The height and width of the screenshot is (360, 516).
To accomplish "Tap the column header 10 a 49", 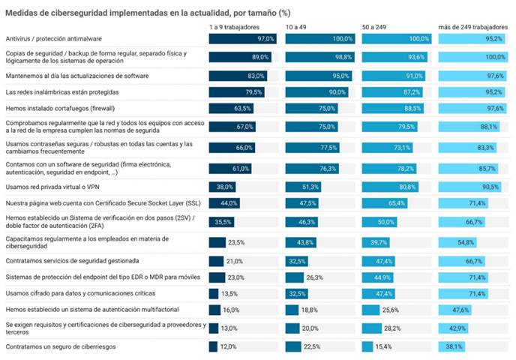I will click(x=296, y=27).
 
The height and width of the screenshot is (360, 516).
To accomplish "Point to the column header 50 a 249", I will click(x=375, y=27).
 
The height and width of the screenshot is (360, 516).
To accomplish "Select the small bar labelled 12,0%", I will click(x=213, y=346).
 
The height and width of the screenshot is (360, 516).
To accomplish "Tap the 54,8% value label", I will click(x=466, y=242).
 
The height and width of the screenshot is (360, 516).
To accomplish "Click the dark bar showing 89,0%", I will click(x=239, y=56).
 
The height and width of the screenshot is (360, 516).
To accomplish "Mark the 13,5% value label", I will click(x=229, y=293).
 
